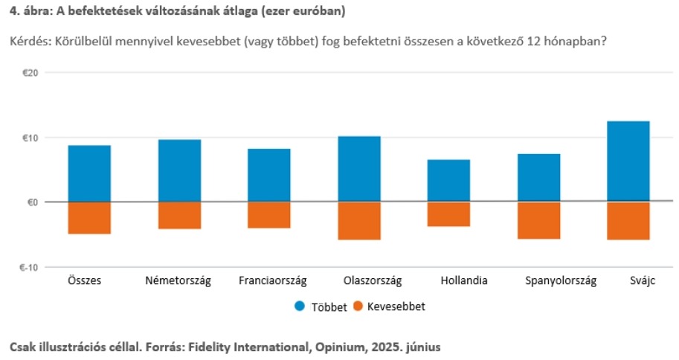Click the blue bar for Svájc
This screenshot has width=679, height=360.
(x=628, y=161)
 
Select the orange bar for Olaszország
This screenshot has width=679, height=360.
(x=358, y=220)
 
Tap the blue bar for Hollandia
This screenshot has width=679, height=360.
(x=448, y=181)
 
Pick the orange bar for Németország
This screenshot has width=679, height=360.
(x=179, y=215)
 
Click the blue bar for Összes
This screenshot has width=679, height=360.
(x=89, y=173)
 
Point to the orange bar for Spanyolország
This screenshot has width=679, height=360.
(x=538, y=220)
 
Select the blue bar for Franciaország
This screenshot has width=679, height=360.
(x=268, y=176)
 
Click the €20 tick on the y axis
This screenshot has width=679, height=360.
(x=31, y=73)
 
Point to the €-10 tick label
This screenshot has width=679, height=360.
(x=30, y=267)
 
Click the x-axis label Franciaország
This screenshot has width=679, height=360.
(x=272, y=281)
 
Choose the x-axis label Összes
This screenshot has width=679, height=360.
(x=84, y=281)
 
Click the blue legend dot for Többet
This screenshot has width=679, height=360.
(x=300, y=306)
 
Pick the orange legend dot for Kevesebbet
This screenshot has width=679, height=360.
(x=358, y=306)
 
